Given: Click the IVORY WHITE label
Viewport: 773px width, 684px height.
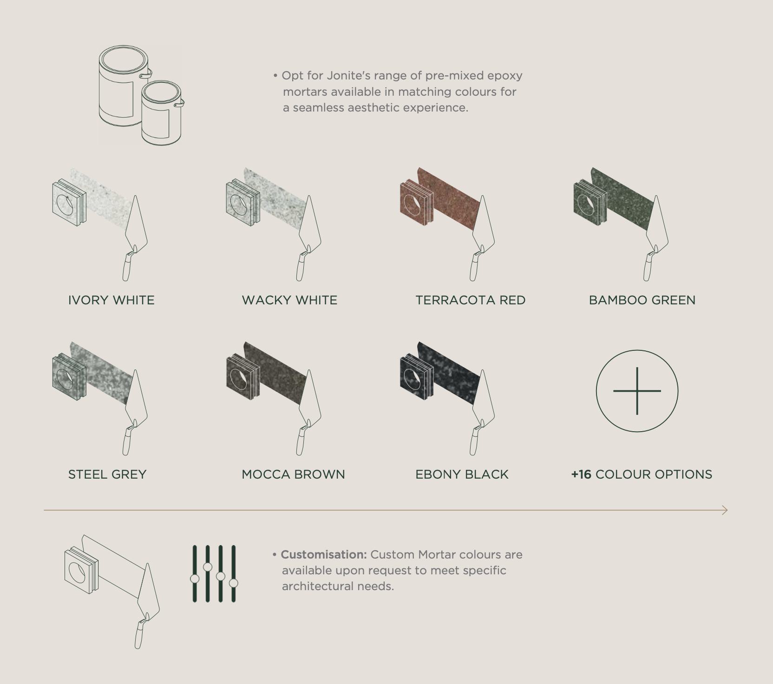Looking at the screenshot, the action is [111, 300].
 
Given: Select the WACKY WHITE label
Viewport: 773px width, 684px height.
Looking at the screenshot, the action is [289, 300].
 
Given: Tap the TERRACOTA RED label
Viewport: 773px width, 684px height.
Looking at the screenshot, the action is [471, 300].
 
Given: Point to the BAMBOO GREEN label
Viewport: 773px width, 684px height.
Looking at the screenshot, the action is [642, 300].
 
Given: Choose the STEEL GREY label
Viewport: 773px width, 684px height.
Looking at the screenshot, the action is [107, 474].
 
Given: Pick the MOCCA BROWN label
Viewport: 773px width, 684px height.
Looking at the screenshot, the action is [293, 474].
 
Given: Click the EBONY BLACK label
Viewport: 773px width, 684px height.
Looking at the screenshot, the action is [462, 474].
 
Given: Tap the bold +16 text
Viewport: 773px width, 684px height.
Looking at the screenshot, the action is [581, 474].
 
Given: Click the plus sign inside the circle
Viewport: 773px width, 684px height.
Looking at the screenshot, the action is [637, 391].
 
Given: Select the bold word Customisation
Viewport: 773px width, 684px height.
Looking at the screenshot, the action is [324, 554].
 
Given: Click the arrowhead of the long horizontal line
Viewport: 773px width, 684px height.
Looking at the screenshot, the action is [725, 510].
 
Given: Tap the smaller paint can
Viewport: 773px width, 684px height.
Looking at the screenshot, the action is [162, 113].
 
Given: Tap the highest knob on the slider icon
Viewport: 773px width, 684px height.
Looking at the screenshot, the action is [208, 567].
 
